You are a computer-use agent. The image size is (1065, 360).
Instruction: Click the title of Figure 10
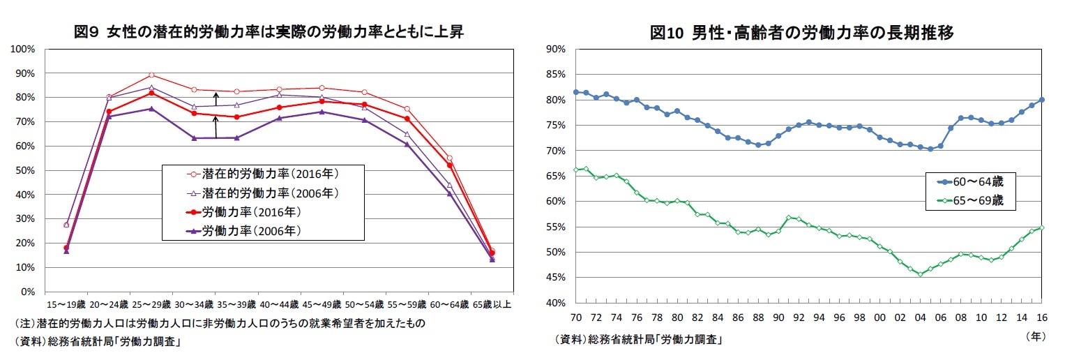pyautogui.click(x=802, y=33)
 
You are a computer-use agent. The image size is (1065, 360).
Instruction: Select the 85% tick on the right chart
pyautogui.click(x=555, y=75)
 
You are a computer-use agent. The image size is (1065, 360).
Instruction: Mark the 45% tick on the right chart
pyautogui.click(x=555, y=278)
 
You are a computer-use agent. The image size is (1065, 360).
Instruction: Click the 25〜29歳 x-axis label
pyautogui.click(x=151, y=305)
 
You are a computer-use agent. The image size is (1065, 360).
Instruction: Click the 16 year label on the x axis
pyautogui.click(x=1042, y=317)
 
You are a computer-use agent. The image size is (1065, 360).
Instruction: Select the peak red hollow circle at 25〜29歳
pyautogui.click(x=151, y=75)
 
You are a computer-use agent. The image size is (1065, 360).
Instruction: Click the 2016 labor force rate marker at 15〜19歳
pyautogui.click(x=66, y=248)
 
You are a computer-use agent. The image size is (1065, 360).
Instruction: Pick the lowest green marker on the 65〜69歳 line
pyautogui.click(x=920, y=274)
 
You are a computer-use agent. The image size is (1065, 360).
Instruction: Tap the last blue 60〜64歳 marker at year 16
pyautogui.click(x=1042, y=100)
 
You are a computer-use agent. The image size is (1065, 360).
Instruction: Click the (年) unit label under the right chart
pyautogui.click(x=1036, y=336)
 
